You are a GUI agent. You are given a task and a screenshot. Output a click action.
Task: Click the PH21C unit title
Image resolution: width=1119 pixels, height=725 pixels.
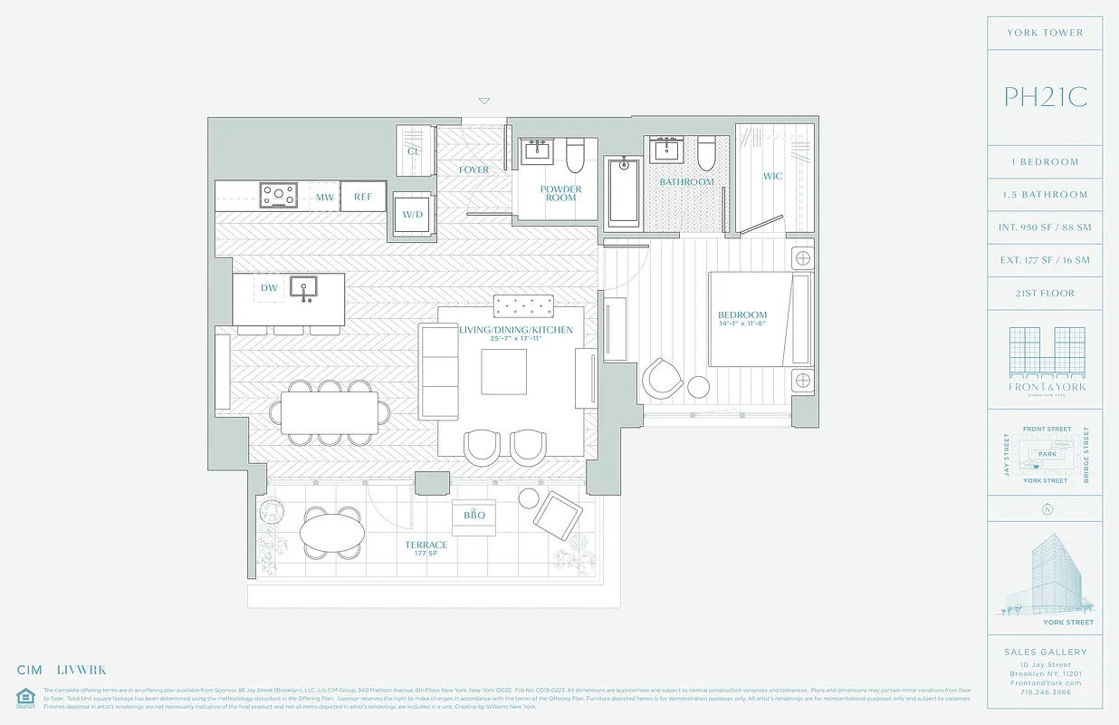point(1045,97)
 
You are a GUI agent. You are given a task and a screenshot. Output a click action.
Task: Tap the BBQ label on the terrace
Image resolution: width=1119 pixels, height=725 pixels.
point(474,516)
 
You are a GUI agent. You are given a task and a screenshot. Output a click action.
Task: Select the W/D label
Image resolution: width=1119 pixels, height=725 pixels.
point(413,214)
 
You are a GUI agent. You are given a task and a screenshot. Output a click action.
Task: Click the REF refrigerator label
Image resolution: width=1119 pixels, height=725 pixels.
point(363,197)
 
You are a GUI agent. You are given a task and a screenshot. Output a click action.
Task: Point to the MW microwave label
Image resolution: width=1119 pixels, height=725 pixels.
point(324,197)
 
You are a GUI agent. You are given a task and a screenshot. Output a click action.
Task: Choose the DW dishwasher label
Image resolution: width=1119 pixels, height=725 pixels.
point(269,288)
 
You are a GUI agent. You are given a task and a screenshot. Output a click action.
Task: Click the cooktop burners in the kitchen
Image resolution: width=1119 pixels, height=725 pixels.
point(279,195)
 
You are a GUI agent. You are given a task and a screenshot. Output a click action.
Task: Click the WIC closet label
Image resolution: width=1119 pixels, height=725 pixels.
point(772,176)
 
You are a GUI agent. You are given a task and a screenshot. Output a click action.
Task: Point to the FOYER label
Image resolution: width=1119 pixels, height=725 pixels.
point(473,169)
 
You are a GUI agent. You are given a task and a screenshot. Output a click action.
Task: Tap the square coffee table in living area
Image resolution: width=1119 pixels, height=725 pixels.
point(503,372)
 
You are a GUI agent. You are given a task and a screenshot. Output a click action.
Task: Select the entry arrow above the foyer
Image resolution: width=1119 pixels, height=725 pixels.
point(484,101)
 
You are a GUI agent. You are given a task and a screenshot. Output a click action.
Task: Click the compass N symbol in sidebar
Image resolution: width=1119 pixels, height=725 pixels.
point(1047,509)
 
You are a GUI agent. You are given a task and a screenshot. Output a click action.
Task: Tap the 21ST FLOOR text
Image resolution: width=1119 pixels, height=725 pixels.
point(1045,294)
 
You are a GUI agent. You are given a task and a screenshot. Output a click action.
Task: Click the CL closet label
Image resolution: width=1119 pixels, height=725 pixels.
point(414,151)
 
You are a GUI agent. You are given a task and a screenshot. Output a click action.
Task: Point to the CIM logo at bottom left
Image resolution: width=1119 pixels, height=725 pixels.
point(30,671)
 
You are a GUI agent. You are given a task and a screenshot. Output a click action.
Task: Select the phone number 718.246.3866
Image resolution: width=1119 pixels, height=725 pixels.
point(1045,691)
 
